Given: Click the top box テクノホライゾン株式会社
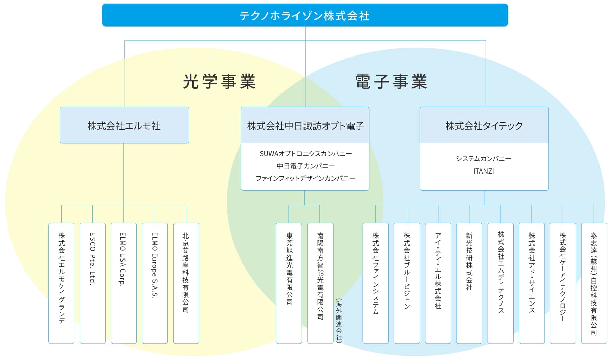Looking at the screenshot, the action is pyautogui.click(x=305, y=15).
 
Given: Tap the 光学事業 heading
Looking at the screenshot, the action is pyautogui.click(x=219, y=82).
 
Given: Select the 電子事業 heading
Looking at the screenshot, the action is pyautogui.click(x=391, y=82).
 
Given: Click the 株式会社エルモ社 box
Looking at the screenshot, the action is pyautogui.click(x=125, y=125).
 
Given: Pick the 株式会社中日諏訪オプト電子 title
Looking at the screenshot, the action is pyautogui.click(x=306, y=126).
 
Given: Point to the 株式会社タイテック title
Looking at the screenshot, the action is pyautogui.click(x=484, y=126).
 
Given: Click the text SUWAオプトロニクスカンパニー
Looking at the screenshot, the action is pyautogui.click(x=306, y=154).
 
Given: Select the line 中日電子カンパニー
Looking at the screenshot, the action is pyautogui.click(x=306, y=166).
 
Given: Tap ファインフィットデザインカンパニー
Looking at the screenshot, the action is pyautogui.click(x=306, y=178).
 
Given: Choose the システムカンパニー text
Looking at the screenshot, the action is pyautogui.click(x=483, y=159).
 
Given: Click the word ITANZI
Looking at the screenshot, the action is pyautogui.click(x=483, y=171).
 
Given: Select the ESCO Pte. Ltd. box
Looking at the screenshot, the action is pyautogui.click(x=92, y=283).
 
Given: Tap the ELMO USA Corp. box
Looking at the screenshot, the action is pyautogui.click(x=124, y=283).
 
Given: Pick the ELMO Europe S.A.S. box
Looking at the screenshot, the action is pyautogui.click(x=155, y=283).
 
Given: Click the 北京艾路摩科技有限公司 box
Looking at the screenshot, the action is pyautogui.click(x=186, y=283).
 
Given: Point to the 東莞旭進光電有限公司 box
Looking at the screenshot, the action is pyautogui.click(x=289, y=283).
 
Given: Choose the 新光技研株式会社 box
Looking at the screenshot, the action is pyautogui.click(x=469, y=283).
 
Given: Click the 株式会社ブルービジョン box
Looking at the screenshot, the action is pyautogui.click(x=407, y=283).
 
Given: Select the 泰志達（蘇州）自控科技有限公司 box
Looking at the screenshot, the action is pyautogui.click(x=594, y=283).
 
